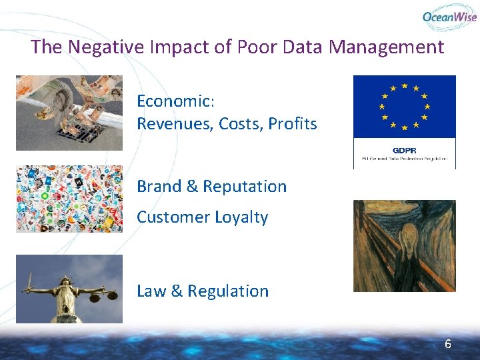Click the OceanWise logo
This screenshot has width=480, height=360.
449,17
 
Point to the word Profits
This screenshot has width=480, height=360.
293,124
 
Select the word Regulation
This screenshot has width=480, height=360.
228,291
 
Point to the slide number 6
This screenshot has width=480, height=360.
448,344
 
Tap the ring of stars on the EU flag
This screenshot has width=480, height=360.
404,105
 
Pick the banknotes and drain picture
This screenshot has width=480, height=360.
69,113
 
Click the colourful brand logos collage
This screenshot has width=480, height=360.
69,199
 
